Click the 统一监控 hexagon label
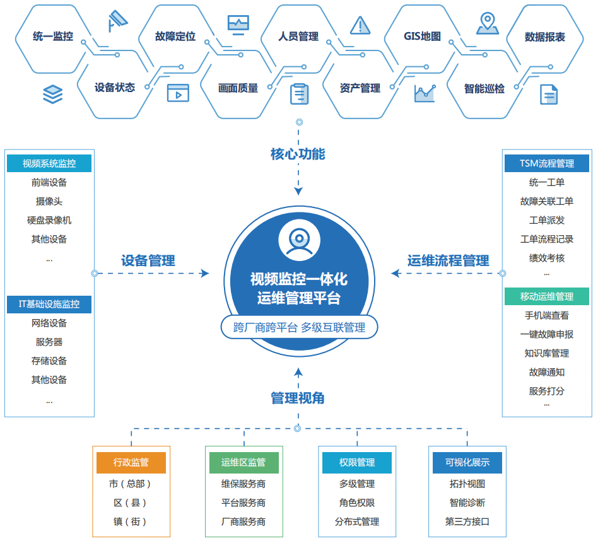point(53,37)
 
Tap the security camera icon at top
point(117,21)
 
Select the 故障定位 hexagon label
point(175,37)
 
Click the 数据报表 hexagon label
point(545,37)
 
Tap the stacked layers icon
point(53,94)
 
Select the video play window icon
point(178,93)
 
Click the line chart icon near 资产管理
point(425,94)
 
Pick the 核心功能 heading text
point(298,154)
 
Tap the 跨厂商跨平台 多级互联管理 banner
point(299,327)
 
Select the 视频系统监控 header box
point(49,163)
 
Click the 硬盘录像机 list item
point(49,220)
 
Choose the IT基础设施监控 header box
point(49,304)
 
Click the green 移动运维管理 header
point(546,296)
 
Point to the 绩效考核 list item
point(546,258)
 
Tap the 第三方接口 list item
point(467,521)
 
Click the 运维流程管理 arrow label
point(448,260)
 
